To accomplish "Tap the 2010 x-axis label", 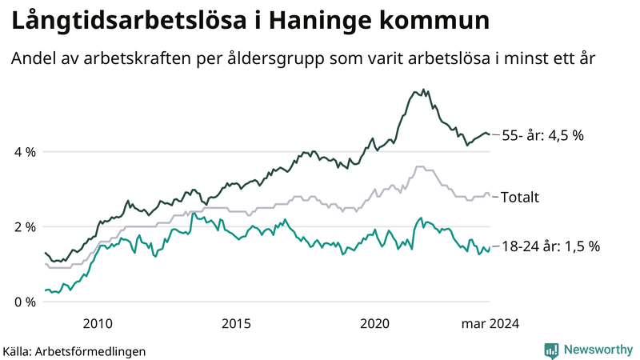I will (98, 324).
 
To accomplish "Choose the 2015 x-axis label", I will (237, 324).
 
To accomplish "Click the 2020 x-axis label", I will (376, 324).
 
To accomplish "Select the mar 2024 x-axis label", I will (489, 324).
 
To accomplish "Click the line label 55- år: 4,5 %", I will (542, 135).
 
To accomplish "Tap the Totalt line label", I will (520, 197).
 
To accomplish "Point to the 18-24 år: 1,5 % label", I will (550, 247).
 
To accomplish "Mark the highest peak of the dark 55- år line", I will (424, 90).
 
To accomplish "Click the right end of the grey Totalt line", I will (490, 195).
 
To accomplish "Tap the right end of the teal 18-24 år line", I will (490, 250).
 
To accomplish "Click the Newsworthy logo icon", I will (551, 350).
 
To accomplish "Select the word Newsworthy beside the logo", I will (597, 350).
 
